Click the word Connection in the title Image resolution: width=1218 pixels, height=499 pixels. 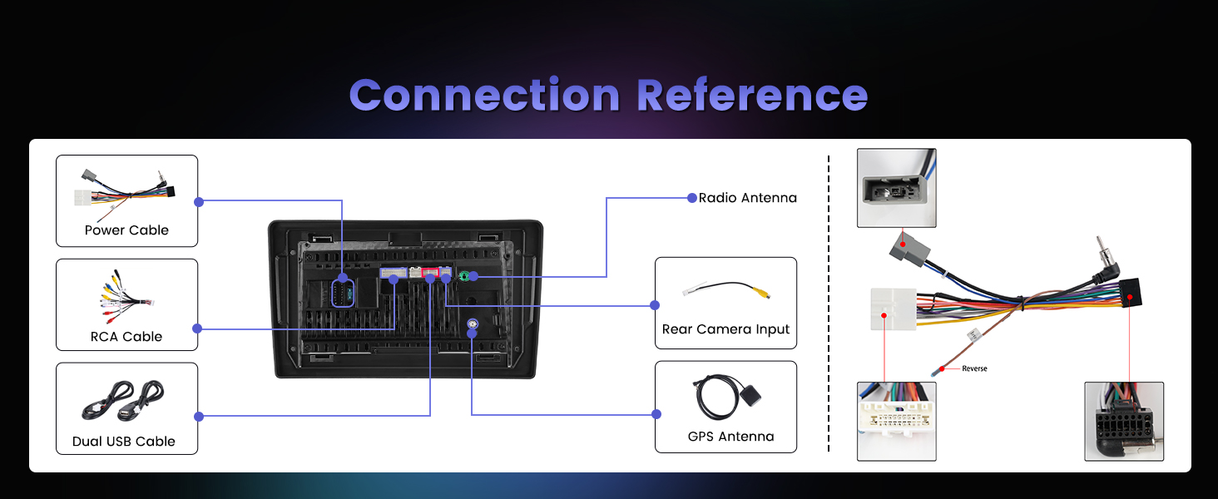click(484, 96)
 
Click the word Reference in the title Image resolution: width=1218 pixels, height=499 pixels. click(752, 96)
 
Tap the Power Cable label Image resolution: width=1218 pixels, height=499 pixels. click(126, 230)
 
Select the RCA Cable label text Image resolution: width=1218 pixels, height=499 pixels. click(126, 337)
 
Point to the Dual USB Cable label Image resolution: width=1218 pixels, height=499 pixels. click(124, 442)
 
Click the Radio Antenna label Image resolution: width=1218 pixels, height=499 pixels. click(747, 198)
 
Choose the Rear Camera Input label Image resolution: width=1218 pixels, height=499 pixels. click(725, 329)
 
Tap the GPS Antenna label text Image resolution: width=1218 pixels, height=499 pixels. click(730, 437)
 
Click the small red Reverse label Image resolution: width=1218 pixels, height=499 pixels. click(974, 368)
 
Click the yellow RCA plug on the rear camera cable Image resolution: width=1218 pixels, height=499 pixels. click(758, 293)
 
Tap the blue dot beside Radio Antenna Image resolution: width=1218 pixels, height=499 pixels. click(691, 198)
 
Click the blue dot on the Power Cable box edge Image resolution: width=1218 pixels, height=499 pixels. click(198, 201)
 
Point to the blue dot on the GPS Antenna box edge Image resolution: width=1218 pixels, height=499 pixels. click(656, 414)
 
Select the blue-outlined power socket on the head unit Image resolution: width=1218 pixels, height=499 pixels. click(343, 293)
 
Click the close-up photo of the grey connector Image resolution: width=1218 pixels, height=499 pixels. click(896, 188)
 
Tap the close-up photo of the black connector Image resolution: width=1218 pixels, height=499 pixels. click(1123, 421)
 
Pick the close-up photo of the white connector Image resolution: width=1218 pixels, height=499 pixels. click(896, 421)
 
